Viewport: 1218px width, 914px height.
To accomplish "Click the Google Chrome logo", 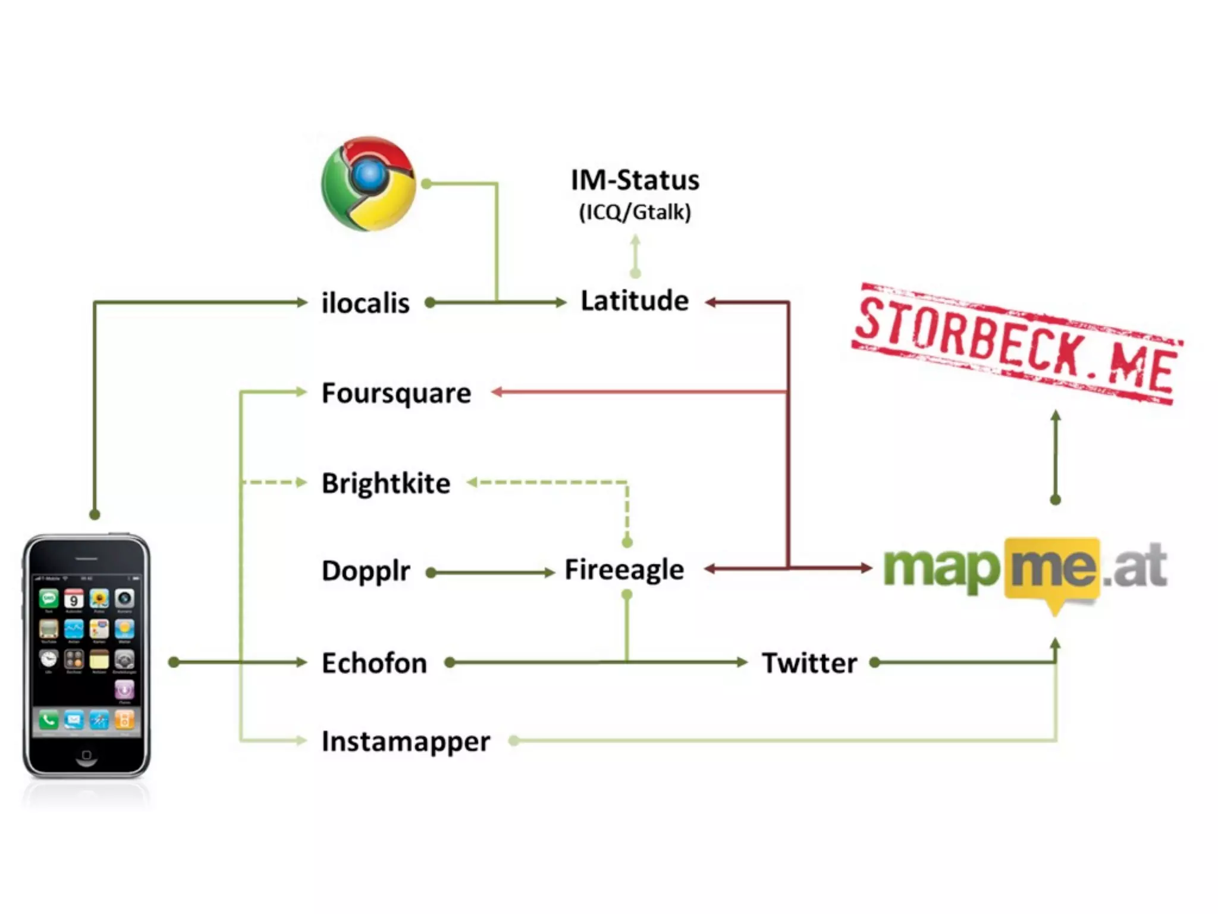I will pyautogui.click(x=368, y=184).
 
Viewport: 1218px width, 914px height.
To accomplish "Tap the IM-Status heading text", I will pyautogui.click(x=635, y=180).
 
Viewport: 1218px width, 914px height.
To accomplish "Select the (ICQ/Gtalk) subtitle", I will pyautogui.click(x=635, y=212).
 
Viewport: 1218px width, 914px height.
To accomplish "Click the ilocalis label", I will pyautogui.click(x=365, y=303).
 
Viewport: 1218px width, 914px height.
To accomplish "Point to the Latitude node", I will pyautogui.click(x=635, y=301).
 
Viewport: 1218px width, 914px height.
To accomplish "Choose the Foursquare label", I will pyautogui.click(x=396, y=393).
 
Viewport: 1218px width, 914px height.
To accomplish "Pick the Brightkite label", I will pyautogui.click(x=386, y=483).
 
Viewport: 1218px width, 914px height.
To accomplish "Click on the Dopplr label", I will pyautogui.click(x=366, y=571).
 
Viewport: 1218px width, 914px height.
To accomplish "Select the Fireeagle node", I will pyautogui.click(x=624, y=570).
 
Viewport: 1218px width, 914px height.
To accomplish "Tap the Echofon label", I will pyautogui.click(x=374, y=663).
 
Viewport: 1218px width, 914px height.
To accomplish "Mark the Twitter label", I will pyautogui.click(x=809, y=663).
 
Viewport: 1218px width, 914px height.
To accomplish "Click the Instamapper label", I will pyautogui.click(x=406, y=741).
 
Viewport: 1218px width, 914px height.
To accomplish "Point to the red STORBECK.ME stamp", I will pyautogui.click(x=1016, y=343).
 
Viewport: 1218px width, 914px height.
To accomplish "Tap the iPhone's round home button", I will pyautogui.click(x=86, y=755).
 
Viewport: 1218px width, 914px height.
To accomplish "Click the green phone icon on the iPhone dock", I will pyautogui.click(x=48, y=721).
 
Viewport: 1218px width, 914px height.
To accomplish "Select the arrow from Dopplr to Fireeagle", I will pyautogui.click(x=491, y=573).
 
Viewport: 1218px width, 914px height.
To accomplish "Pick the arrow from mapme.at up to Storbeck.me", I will pyautogui.click(x=1056, y=455).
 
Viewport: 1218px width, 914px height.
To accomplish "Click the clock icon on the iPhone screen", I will pyautogui.click(x=48, y=659).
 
